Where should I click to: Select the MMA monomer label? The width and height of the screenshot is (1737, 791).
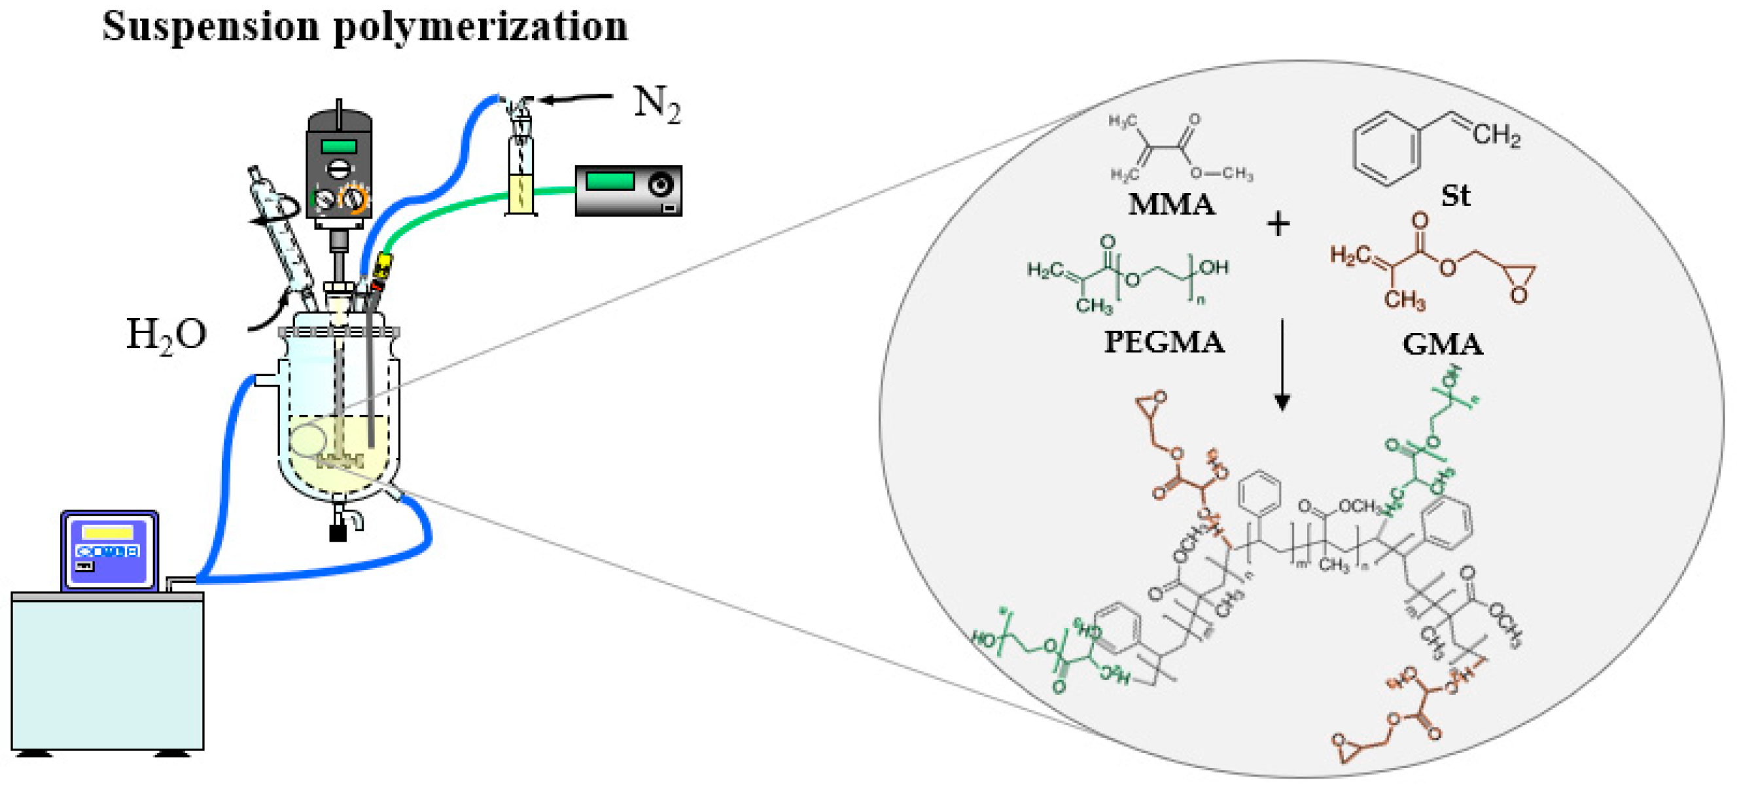click(x=1171, y=204)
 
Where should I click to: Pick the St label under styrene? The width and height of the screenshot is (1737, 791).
click(x=1455, y=196)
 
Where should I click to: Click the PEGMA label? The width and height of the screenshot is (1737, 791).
click(x=1164, y=343)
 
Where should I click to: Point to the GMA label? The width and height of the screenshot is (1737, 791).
click(x=1443, y=345)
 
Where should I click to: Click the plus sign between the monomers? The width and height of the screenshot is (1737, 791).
click(x=1278, y=224)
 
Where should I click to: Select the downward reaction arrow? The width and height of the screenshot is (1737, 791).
click(x=1282, y=364)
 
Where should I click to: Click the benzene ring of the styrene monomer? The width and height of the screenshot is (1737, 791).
click(x=1386, y=149)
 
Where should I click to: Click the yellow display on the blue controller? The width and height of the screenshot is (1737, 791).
click(x=108, y=533)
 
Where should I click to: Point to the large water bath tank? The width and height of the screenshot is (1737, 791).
click(x=108, y=675)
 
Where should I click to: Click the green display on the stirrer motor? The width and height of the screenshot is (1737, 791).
click(x=338, y=147)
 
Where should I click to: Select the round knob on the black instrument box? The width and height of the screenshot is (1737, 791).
click(x=660, y=183)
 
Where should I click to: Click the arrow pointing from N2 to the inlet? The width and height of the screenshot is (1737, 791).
click(x=576, y=99)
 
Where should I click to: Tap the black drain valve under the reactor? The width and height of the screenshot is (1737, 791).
click(x=338, y=532)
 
